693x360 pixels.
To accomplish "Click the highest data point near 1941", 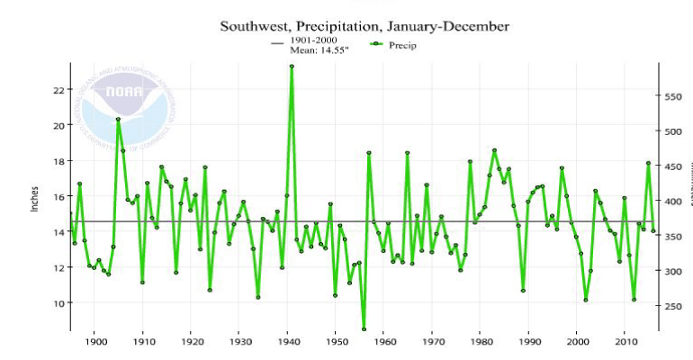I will click(292, 66).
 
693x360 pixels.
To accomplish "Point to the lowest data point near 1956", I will click(364, 328).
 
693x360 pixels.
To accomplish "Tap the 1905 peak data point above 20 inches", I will click(118, 120).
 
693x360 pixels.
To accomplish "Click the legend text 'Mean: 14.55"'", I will click(318, 51).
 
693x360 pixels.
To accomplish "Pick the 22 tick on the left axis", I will click(58, 90).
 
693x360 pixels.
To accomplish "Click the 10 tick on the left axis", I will click(58, 303).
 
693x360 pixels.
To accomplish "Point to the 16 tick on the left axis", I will click(58, 196).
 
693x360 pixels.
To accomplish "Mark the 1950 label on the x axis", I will click(335, 342).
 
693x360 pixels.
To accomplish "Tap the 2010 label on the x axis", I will click(623, 342).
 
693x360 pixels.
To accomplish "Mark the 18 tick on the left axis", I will click(58, 161).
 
